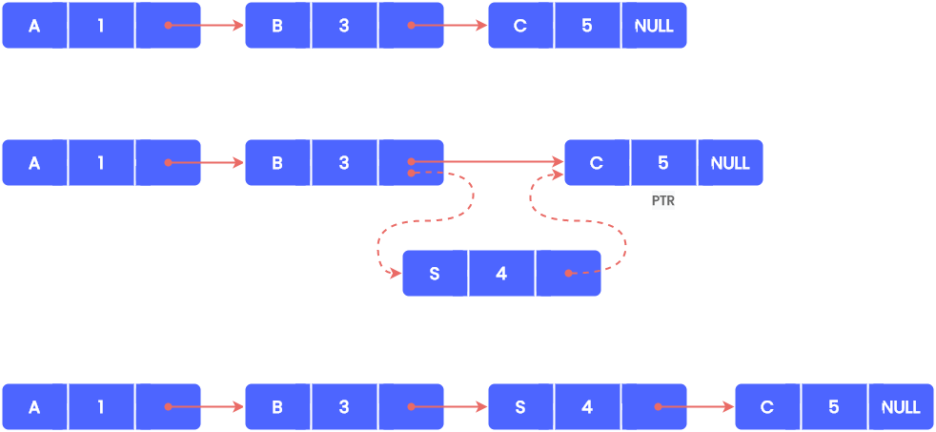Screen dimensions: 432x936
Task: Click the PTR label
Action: [x=662, y=201]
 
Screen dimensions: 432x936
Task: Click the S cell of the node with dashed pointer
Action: [x=435, y=274]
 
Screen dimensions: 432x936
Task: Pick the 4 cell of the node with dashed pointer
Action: [x=501, y=274]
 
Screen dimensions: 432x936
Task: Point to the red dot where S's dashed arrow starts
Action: [x=568, y=274]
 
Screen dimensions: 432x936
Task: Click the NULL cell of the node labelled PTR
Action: [x=730, y=163]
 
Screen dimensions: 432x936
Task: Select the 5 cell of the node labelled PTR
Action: [x=663, y=163]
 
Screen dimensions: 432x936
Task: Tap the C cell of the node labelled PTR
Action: [x=597, y=163]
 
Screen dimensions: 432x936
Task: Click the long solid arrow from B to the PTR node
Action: [x=496, y=162]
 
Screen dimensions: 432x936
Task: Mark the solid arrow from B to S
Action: [x=453, y=407]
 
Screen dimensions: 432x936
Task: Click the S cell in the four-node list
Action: [x=520, y=407]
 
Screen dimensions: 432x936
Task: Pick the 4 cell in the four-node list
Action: [x=587, y=407]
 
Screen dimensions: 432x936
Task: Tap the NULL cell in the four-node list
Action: [x=901, y=407]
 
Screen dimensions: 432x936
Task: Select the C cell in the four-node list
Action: [x=767, y=407]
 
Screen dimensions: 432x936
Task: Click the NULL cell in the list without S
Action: [x=654, y=26]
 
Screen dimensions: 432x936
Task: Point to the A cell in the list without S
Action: [x=34, y=26]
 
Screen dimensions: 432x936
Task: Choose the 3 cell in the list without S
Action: [x=344, y=26]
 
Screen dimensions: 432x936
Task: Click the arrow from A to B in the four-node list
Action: [x=210, y=407]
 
